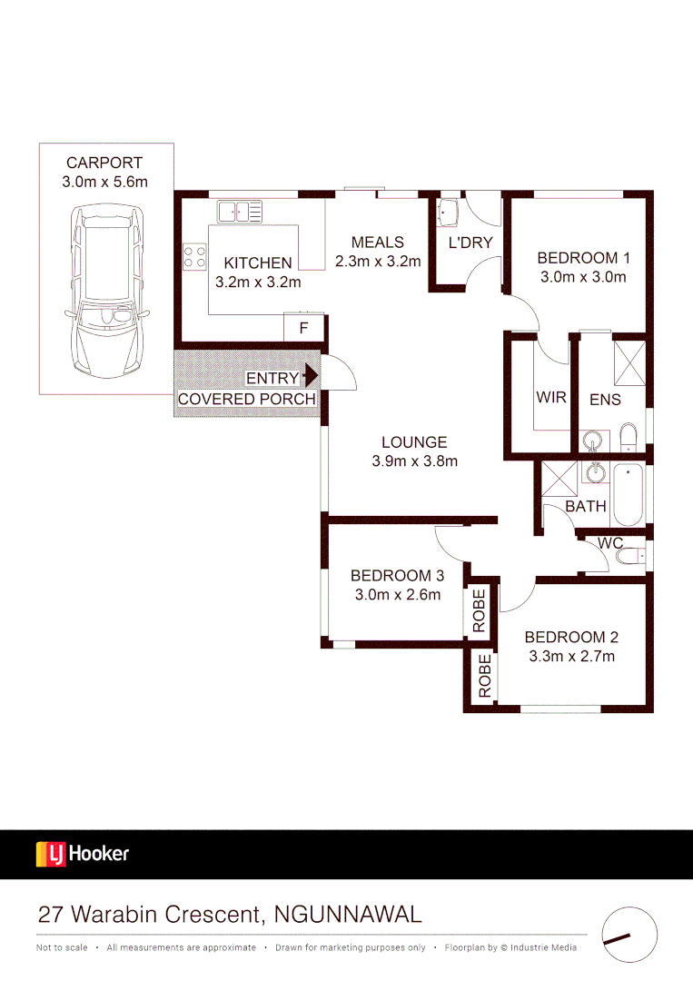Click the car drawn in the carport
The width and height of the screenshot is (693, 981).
point(107,295)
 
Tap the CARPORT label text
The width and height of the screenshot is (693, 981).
point(104,163)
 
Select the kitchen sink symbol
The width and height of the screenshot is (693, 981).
point(240,212)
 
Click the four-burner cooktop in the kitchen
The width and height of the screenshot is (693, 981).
point(194,256)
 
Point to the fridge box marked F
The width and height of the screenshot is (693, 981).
point(303,328)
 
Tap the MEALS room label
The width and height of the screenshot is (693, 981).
point(377,243)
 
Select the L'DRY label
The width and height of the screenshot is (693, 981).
point(470,243)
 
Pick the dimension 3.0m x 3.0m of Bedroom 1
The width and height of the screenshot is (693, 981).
point(582,277)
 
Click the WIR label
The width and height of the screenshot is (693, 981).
point(551,398)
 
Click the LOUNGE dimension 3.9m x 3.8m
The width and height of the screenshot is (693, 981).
point(414,461)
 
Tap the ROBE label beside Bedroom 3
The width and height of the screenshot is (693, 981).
point(480,611)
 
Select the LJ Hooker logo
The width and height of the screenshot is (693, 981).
point(83,854)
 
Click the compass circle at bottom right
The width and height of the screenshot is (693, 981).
point(629,935)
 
